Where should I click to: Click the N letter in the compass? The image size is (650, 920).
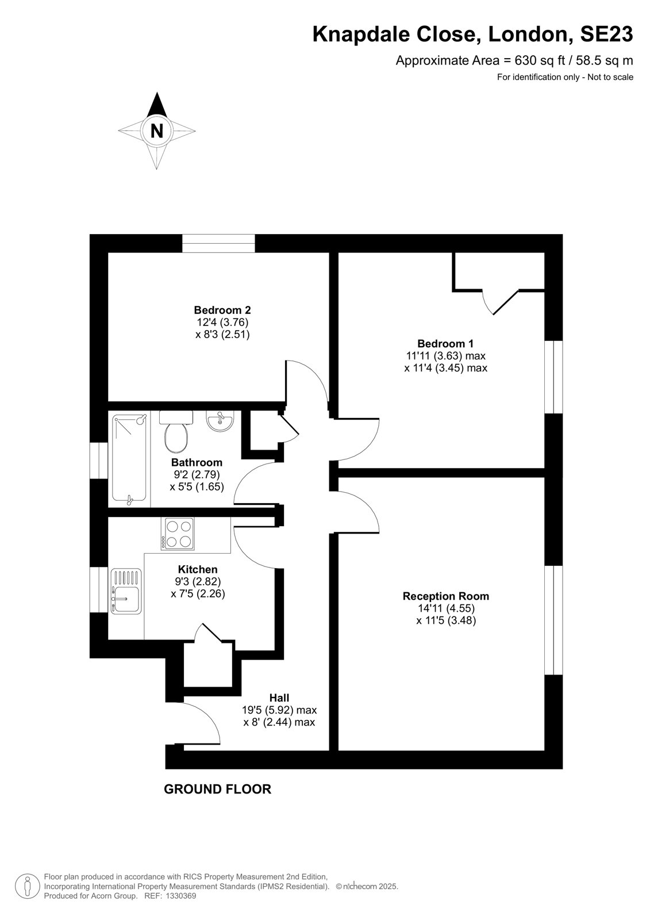(x=157, y=131)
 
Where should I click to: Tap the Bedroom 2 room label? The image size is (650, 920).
(x=222, y=310)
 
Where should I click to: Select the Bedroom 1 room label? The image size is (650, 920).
(x=445, y=343)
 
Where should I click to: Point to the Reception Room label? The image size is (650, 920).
(x=445, y=596)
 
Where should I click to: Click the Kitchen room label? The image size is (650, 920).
(x=198, y=569)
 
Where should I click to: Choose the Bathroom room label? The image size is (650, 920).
(x=197, y=462)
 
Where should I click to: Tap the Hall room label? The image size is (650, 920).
(x=279, y=697)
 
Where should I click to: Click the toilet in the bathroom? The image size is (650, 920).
(x=176, y=432)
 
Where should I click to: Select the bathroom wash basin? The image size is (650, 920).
(x=220, y=421)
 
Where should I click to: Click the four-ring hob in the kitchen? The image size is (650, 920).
(x=179, y=534)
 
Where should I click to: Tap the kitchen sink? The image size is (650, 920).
(x=126, y=591)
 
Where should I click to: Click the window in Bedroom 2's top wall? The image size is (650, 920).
(x=218, y=243)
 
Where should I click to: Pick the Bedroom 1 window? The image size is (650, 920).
(x=553, y=377)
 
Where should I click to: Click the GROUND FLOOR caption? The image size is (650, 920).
(x=218, y=789)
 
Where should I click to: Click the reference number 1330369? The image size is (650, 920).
(x=180, y=896)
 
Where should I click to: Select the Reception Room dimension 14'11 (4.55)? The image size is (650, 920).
(x=445, y=608)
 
